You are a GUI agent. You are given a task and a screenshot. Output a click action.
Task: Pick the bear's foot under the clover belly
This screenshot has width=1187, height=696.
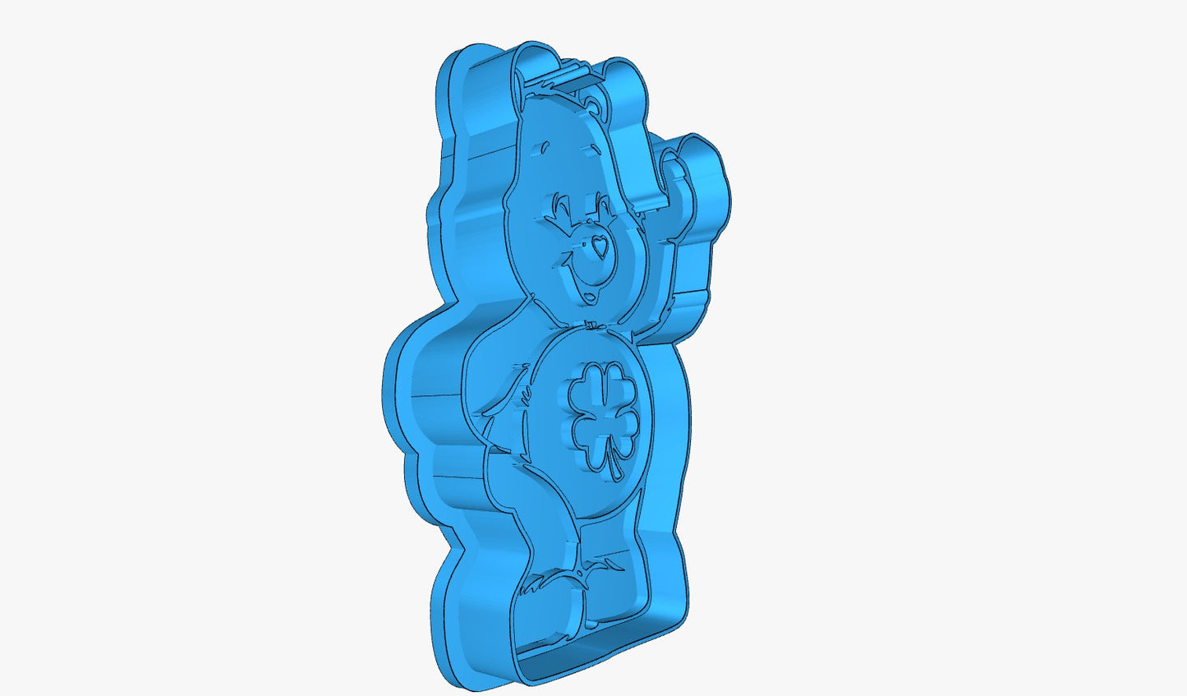[x=616, y=588]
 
